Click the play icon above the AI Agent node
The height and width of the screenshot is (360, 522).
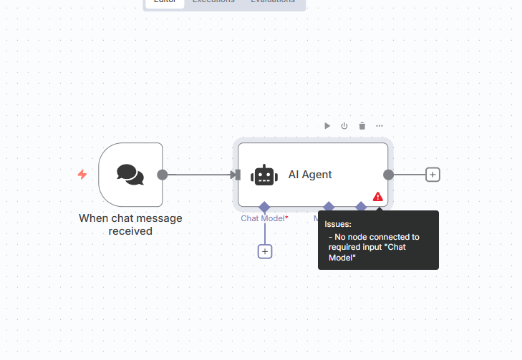tap(327, 126)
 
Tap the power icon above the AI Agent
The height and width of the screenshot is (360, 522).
tap(344, 126)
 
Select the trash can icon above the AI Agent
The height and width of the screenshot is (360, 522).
tap(362, 126)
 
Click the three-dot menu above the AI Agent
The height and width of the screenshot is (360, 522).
tap(380, 126)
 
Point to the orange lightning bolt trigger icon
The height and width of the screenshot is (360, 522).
tap(82, 174)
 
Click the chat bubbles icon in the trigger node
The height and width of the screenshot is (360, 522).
tap(130, 174)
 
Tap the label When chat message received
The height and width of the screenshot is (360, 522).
tap(130, 224)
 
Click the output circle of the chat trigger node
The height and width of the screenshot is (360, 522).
tap(163, 174)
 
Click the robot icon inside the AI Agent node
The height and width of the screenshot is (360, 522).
tap(264, 175)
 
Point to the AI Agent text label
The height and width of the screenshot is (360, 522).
tap(310, 175)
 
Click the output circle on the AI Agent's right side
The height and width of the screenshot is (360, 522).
tap(388, 174)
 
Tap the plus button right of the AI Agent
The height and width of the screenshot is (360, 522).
tap(432, 174)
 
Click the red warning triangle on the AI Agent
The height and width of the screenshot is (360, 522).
tap(377, 196)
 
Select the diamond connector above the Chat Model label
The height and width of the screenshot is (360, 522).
tap(264, 207)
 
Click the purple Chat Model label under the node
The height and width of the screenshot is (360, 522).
tap(264, 218)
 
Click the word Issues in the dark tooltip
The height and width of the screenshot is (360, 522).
tap(338, 224)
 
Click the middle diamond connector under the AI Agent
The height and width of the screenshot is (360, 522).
tap(329, 207)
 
